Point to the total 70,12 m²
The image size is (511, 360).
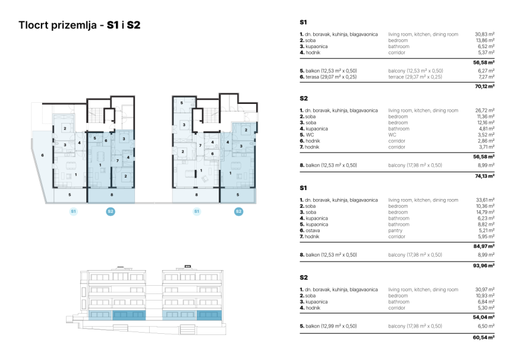(484, 86)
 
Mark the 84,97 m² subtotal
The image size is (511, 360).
(484, 245)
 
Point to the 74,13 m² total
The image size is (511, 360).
(484, 176)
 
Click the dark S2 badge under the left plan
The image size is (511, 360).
(111, 211)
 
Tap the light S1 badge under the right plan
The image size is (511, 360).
(197, 211)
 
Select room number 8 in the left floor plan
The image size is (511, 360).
(111, 194)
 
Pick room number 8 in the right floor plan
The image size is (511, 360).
(197, 194)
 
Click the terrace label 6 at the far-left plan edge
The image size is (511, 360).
(42, 156)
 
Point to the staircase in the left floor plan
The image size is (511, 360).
(95, 113)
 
